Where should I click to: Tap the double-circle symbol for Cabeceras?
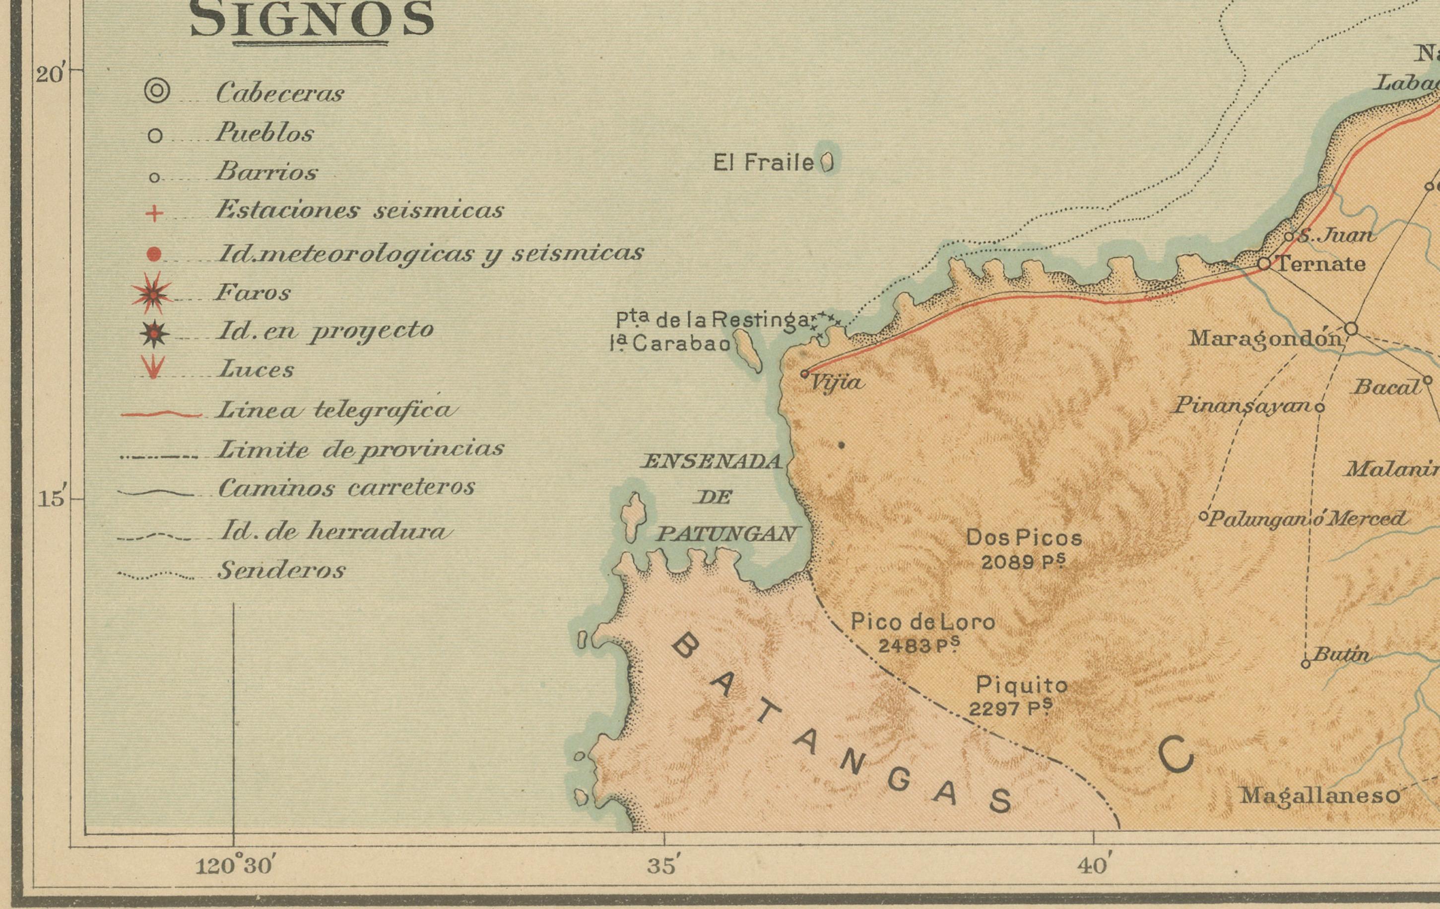point(157,91)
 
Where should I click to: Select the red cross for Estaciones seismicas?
point(154,213)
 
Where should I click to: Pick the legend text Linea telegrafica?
point(336,410)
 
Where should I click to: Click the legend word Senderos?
point(281,571)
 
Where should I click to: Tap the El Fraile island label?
point(764,163)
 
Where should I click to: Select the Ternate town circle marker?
point(1263,263)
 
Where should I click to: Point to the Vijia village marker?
point(805,374)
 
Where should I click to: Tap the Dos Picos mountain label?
point(1024,538)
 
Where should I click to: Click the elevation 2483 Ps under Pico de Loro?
point(918,645)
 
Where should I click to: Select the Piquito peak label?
point(1021,684)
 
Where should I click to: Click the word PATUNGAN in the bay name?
point(727,533)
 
